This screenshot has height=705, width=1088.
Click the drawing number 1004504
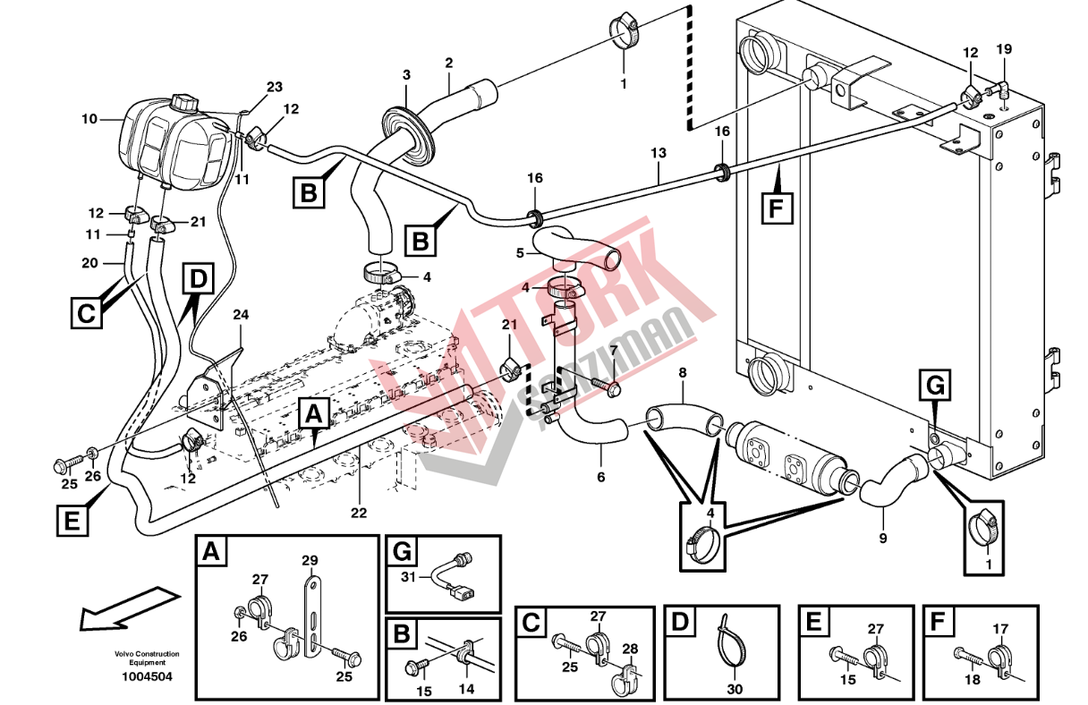point(148,676)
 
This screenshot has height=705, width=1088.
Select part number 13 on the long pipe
point(659,154)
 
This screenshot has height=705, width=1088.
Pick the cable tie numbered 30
point(729,640)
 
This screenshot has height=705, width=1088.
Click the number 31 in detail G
point(410,577)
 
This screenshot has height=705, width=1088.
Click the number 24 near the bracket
point(241,314)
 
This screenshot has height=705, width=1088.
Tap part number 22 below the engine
point(359,513)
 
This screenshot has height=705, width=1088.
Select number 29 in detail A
point(310,561)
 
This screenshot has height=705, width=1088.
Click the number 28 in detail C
point(630,649)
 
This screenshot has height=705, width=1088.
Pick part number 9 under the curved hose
point(883,538)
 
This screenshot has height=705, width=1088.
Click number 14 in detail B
point(466,689)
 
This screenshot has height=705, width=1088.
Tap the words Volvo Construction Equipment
point(147,658)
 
